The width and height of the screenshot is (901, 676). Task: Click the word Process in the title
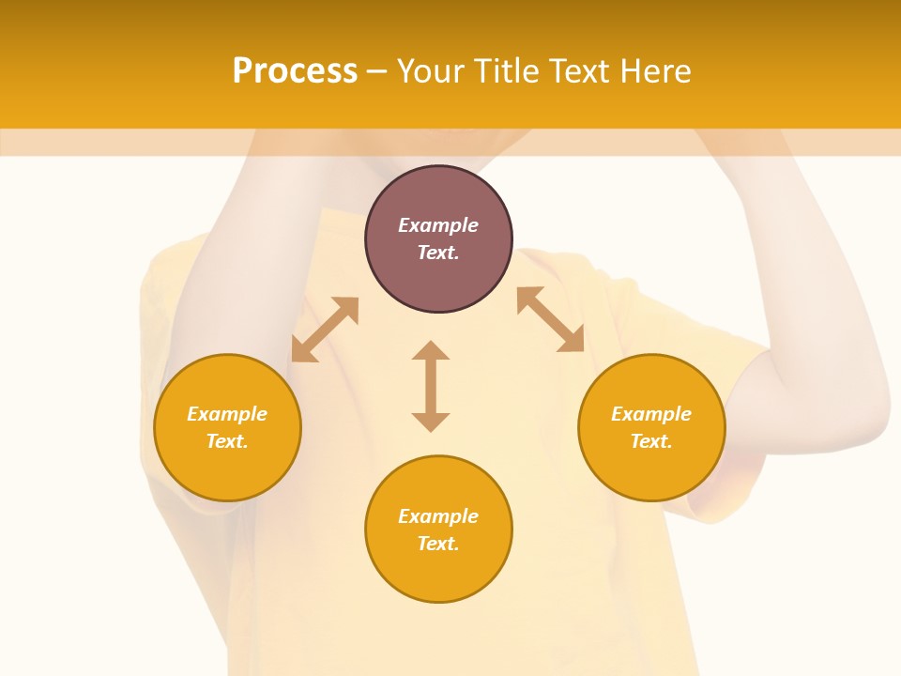(295, 71)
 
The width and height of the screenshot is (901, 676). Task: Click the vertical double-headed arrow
(431, 386)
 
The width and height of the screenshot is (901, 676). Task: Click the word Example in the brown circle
(438, 225)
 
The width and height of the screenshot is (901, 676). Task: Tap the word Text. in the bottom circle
(438, 544)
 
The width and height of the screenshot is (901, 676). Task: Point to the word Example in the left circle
(227, 414)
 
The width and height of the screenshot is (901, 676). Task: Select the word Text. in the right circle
(651, 441)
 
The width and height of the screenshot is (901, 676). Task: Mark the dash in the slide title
(376, 72)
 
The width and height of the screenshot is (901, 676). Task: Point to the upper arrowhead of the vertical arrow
(431, 351)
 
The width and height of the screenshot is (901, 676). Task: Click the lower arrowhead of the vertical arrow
(431, 422)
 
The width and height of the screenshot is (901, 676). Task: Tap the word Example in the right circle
(651, 414)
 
